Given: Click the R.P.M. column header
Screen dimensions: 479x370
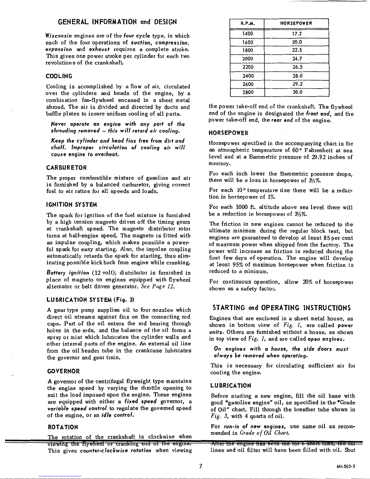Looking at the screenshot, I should pos(247,23).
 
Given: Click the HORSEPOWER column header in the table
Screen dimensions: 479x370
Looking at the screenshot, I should pos(296,23).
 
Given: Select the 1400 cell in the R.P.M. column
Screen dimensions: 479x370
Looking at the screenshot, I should pos(247,34).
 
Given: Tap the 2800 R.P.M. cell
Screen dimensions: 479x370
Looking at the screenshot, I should pos(247,92).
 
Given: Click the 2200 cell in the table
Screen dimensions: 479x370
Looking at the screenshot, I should pos(247,67).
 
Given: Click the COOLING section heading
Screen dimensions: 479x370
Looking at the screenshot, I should pos(59,76).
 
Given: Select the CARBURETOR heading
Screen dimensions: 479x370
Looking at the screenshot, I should pos(66,167).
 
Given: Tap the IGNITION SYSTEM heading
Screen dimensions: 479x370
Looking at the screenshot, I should pos(71,205).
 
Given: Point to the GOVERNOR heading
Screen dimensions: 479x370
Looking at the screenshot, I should pos(63,371).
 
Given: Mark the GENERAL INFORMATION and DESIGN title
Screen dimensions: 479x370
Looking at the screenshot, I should pos(117,22).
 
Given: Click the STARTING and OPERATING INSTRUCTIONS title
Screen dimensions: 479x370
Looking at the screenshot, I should pos(282,308).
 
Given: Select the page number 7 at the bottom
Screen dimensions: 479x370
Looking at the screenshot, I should pos(200,466).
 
